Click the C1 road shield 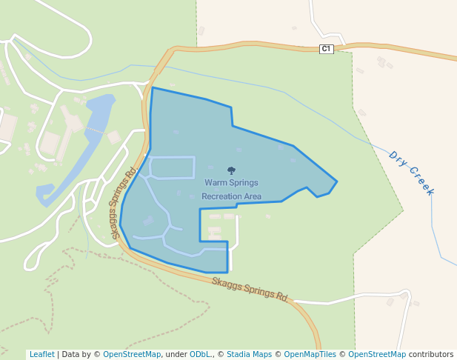point(327,49)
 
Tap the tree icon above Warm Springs point(232,170)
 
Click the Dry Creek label point(411,173)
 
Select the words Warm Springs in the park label point(232,182)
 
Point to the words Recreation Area point(232,196)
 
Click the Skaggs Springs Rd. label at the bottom point(250,289)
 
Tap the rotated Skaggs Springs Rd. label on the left point(124,202)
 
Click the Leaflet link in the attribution point(42,354)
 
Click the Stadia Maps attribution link point(249,354)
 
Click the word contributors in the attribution point(430,354)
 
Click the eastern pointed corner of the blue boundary point(337,181)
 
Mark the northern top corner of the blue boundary point(152,87)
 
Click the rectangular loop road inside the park point(173,167)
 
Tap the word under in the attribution point(176,354)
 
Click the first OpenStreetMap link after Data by point(132,354)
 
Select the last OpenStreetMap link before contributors point(377,354)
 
